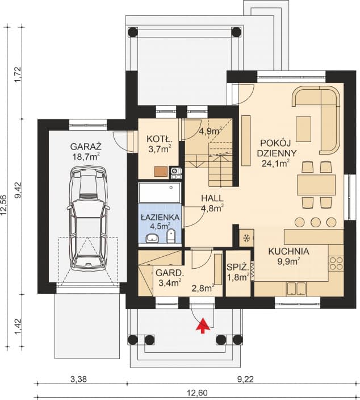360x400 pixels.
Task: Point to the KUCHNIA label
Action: click(289, 251)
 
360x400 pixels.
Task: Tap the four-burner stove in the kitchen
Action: click(336, 263)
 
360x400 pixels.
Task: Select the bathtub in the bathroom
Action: click(160, 194)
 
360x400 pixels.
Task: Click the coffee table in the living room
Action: click(304, 124)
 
